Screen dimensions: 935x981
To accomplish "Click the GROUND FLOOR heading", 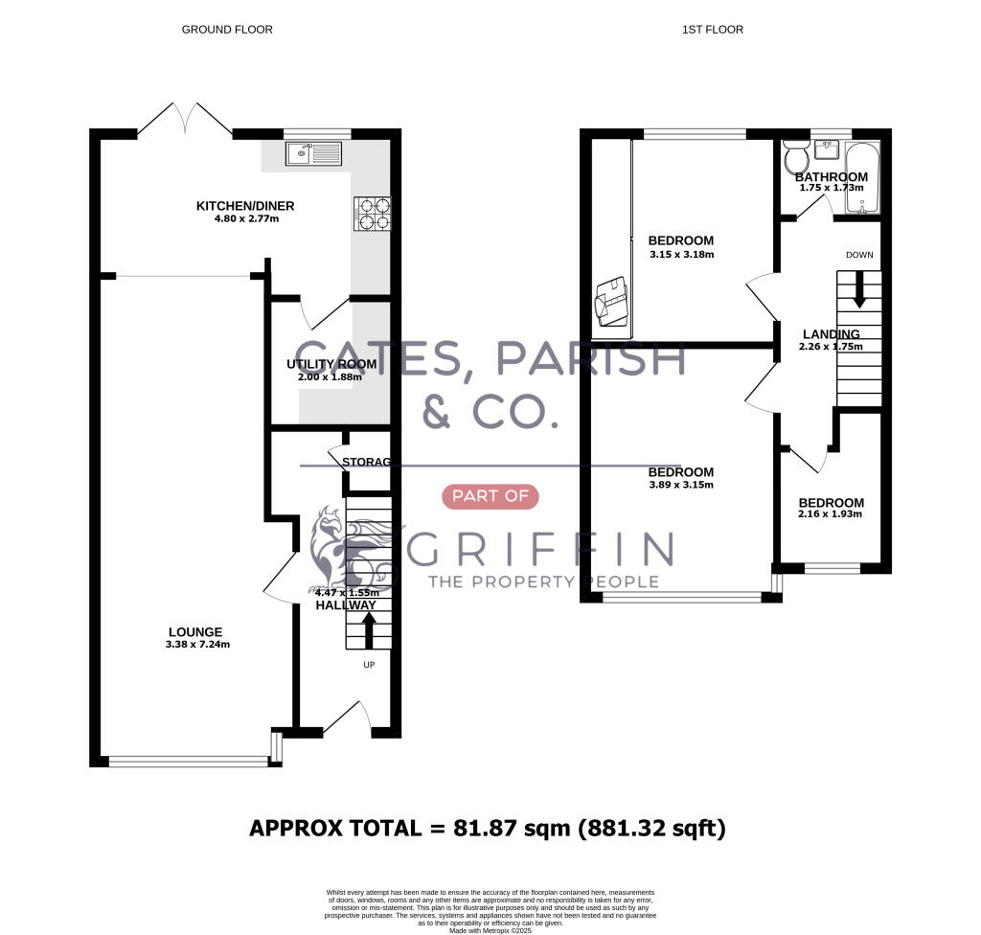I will pos(227,30).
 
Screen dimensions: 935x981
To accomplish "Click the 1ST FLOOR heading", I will pos(712,30).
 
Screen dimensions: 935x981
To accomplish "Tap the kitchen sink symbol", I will pos(312,152).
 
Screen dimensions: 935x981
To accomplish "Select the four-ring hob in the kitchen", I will pos(373,214).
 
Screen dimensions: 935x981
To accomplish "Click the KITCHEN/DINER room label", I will pos(245,206).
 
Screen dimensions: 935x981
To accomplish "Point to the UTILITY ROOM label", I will pos(331,364).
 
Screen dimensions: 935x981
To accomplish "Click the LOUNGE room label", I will pos(195,631).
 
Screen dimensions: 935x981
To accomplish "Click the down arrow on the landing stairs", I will pos(859,288).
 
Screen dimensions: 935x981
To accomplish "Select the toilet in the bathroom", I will pos(795,156).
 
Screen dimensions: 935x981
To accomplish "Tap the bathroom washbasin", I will pos(827,150).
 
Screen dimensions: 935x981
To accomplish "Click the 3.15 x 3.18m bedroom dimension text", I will pos(681,254).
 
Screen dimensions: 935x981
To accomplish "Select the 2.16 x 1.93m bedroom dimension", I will pos(831,514).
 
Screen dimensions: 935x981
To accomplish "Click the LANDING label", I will pos(831,333).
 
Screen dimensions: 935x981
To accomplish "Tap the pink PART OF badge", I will pos(490,496).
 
